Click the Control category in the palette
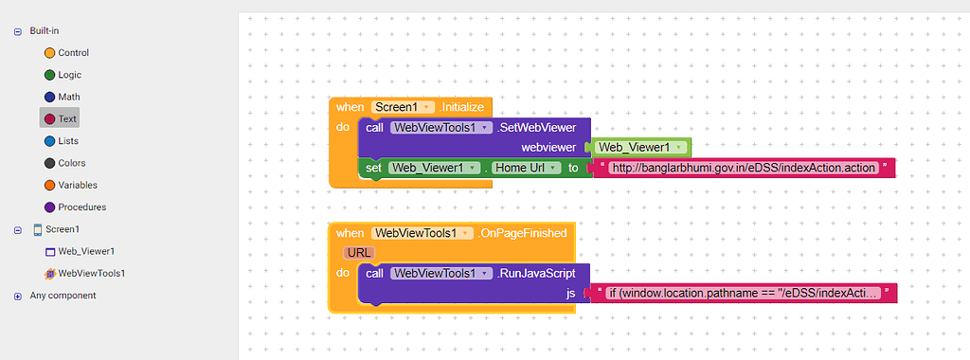[x=72, y=53]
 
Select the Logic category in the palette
[x=68, y=75]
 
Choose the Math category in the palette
[x=68, y=97]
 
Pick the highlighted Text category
[x=66, y=118]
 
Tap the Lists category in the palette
[x=67, y=141]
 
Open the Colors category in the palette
[x=71, y=163]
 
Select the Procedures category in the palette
[x=81, y=207]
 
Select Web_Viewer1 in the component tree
[x=85, y=251]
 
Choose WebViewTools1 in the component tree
[x=91, y=273]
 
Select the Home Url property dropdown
[x=527, y=168]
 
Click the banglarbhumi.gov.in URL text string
[x=743, y=168]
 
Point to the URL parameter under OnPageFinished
[x=359, y=252]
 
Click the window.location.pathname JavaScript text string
[x=743, y=294]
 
